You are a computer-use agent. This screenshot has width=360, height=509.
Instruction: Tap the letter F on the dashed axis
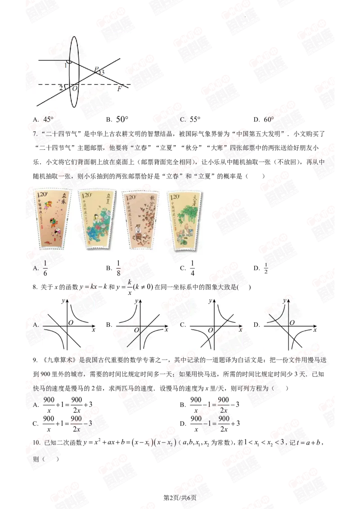pos(119,89)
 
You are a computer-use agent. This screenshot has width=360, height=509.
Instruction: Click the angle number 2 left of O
pos(61,87)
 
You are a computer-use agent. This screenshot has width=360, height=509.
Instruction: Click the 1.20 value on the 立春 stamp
pos(41,194)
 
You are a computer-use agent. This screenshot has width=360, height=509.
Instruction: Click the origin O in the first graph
pos(72,322)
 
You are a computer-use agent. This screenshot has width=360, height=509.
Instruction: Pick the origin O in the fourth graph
pos(292,322)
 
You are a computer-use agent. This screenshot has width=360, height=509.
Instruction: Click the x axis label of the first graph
pos(93,330)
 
